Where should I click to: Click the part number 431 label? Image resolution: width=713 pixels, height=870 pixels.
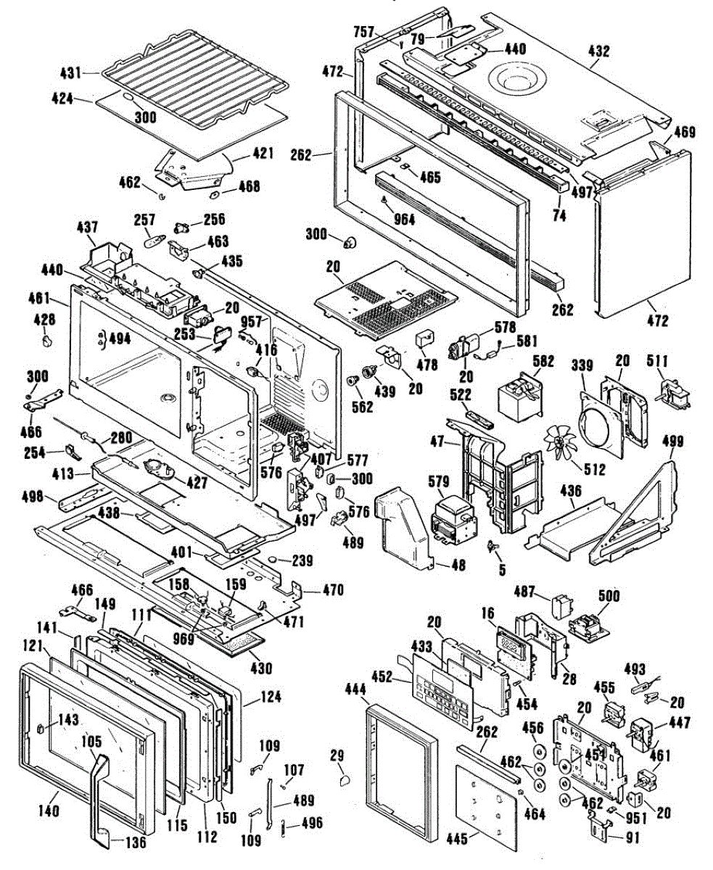(x=70, y=72)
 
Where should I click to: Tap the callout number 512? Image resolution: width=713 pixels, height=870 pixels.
(x=595, y=469)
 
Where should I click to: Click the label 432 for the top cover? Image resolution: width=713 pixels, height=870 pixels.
(x=599, y=51)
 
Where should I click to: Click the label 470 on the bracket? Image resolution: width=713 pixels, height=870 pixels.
(x=314, y=590)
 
